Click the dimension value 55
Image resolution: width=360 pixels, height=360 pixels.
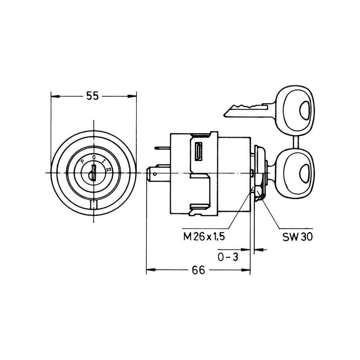pyautogui.click(x=93, y=96)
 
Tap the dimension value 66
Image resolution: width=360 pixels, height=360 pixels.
pyautogui.click(x=198, y=270)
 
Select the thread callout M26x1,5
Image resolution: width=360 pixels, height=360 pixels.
pyautogui.click(x=204, y=237)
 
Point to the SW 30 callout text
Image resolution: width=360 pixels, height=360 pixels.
pyautogui.click(x=297, y=237)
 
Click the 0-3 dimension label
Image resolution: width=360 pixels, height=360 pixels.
pyautogui.click(x=228, y=257)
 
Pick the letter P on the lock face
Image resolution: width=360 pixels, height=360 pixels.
pyautogui.click(x=83, y=162)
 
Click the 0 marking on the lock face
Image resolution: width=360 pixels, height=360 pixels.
pyautogui.click(x=94, y=157)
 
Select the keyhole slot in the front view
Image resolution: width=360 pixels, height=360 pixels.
pyautogui.click(x=94, y=172)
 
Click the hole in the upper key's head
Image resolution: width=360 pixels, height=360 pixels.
pyautogui.click(x=306, y=110)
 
